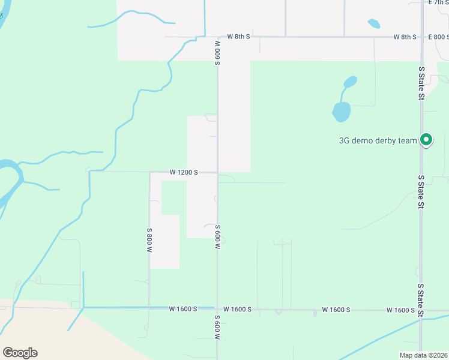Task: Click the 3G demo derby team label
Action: click(x=378, y=141)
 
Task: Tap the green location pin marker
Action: click(x=426, y=140)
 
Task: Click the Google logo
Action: click(x=20, y=353)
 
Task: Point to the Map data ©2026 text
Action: click(x=424, y=355)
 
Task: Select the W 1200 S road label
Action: click(x=184, y=172)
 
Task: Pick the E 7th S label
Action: click(x=438, y=2)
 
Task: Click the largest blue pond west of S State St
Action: click(x=341, y=111)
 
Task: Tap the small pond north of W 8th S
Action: click(x=373, y=24)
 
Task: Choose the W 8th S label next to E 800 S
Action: click(x=405, y=37)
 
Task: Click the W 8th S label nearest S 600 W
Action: click(x=238, y=37)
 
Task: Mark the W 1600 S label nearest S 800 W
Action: click(x=183, y=309)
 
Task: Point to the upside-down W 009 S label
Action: click(x=217, y=53)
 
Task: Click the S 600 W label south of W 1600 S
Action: click(x=217, y=328)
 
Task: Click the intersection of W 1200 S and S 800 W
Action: click(x=149, y=172)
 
